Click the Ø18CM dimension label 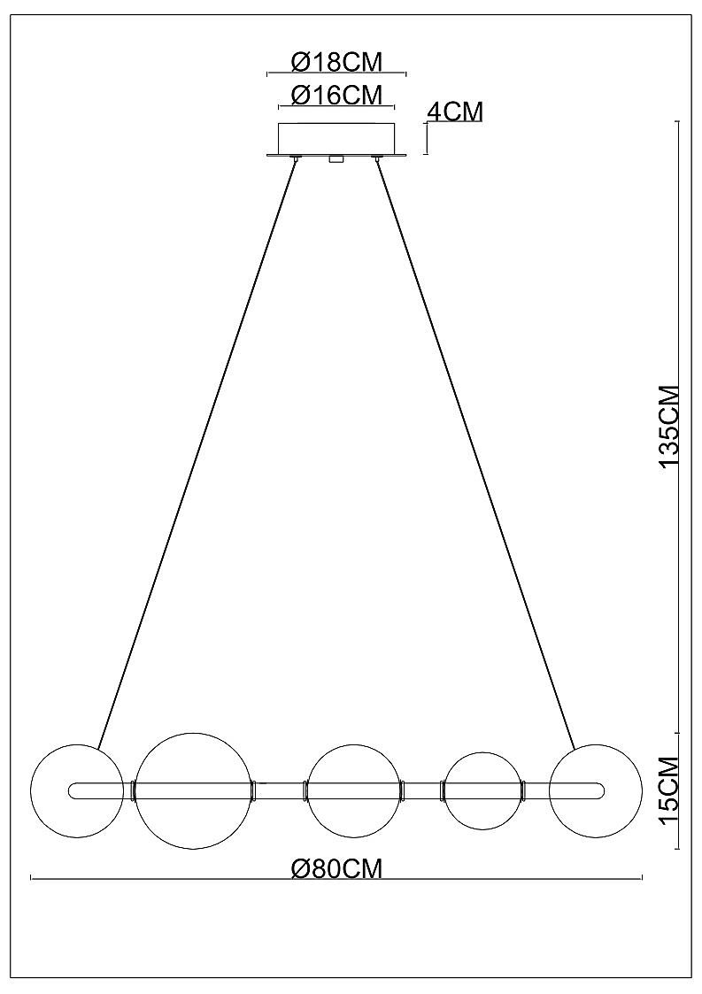[x=336, y=62]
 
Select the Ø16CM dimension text [x=336, y=95]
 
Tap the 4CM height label [x=455, y=112]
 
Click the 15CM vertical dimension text [x=669, y=790]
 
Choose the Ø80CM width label [x=336, y=868]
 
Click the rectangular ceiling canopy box [x=336, y=137]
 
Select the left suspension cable [x=196, y=453]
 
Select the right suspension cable [x=476, y=453]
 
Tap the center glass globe [x=354, y=790]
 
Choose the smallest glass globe [x=482, y=790]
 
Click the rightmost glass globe [x=596, y=790]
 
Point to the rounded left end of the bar [x=68, y=790]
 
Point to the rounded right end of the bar [x=605, y=790]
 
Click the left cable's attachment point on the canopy [x=296, y=158]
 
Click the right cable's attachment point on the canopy [x=378, y=158]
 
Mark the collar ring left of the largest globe [x=133, y=790]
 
